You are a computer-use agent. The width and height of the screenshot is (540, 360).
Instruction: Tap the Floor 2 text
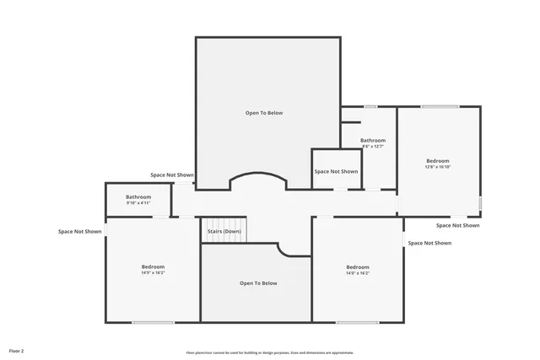(x=17, y=350)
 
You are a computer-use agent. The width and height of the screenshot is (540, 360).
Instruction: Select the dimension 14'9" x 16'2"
(x=153, y=272)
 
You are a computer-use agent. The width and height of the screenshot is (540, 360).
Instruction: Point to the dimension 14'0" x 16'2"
(x=357, y=273)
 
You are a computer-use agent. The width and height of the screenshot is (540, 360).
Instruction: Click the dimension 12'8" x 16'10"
(x=437, y=167)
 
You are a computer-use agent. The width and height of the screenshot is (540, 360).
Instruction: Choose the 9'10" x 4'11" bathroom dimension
(x=138, y=203)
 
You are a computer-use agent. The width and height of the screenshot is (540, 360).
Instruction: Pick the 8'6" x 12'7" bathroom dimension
(x=373, y=147)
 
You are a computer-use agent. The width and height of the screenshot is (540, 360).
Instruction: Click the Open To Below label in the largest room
(x=264, y=112)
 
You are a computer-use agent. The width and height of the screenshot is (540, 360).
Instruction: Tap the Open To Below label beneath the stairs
(x=257, y=283)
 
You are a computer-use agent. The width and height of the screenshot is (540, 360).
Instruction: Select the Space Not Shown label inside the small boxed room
(x=336, y=171)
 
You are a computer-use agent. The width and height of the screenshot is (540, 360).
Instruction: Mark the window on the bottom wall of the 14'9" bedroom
(x=153, y=322)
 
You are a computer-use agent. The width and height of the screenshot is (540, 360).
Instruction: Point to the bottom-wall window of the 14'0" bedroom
(x=357, y=322)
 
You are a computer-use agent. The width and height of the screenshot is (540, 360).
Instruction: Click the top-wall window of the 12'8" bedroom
(x=440, y=106)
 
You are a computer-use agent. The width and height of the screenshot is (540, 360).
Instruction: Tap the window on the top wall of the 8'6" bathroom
(x=370, y=106)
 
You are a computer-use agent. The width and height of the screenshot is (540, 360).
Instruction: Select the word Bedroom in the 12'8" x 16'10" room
(x=437, y=160)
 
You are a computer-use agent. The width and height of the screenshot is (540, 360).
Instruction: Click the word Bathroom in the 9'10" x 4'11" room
(x=138, y=197)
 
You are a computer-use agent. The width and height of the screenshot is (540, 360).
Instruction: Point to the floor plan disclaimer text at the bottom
(x=270, y=352)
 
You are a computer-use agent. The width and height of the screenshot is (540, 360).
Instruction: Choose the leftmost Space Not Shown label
(x=80, y=231)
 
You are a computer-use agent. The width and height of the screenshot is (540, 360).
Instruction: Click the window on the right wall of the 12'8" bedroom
(x=481, y=203)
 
